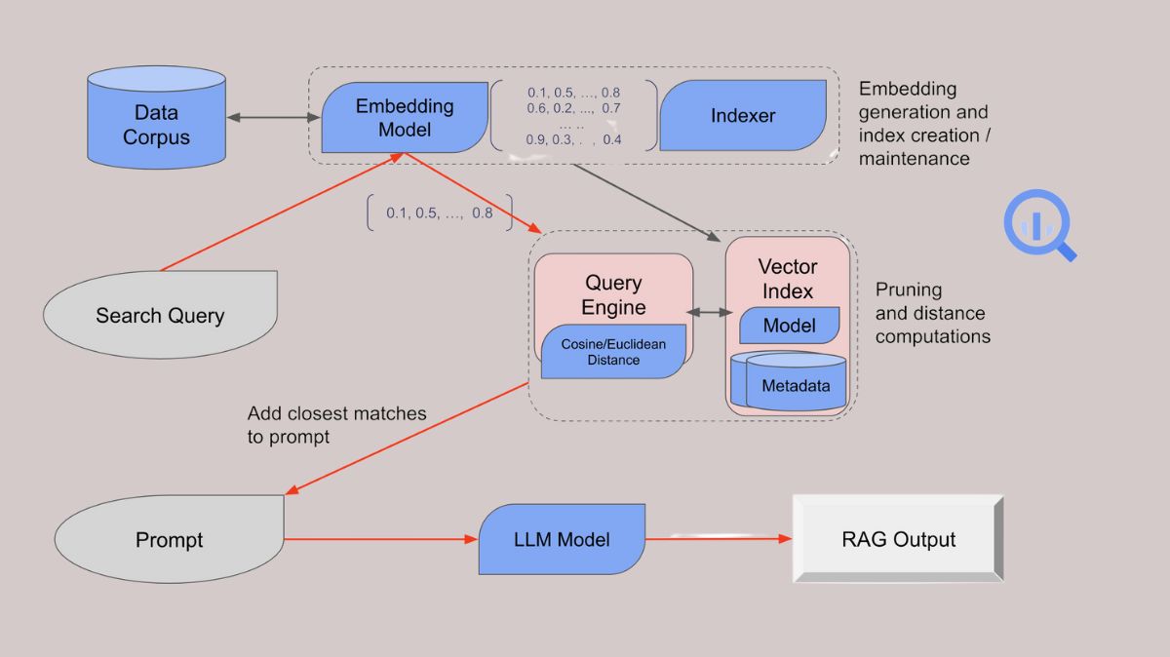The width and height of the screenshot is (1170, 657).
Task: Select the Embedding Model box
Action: pyautogui.click(x=404, y=118)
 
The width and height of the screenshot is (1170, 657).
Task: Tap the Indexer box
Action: pyautogui.click(x=743, y=116)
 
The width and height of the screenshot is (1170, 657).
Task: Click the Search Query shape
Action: pyautogui.click(x=160, y=314)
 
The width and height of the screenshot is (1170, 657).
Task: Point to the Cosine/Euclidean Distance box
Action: pyautogui.click(x=613, y=352)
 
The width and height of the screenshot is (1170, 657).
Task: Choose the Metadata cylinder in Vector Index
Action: pyautogui.click(x=796, y=385)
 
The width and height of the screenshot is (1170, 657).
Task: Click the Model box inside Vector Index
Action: pyautogui.click(x=790, y=326)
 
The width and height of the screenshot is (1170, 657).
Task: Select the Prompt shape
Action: pyautogui.click(x=170, y=539)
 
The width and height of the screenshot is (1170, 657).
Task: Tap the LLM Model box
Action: pyautogui.click(x=562, y=539)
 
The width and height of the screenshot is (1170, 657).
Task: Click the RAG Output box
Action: pyautogui.click(x=898, y=539)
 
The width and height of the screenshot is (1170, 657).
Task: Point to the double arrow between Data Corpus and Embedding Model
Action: pyautogui.click(x=274, y=117)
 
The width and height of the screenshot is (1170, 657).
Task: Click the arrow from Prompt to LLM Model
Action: pyautogui.click(x=380, y=538)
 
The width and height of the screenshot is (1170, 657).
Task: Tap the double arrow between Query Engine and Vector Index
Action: pyautogui.click(x=712, y=312)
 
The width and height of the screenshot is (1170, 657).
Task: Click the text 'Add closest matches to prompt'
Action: pyautogui.click(x=336, y=425)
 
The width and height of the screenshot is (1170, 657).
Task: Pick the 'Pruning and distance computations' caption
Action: pyautogui.click(x=931, y=313)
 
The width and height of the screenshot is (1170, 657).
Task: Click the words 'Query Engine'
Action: pyautogui.click(x=613, y=295)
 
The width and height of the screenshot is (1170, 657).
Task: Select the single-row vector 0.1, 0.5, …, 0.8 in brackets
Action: pyautogui.click(x=439, y=213)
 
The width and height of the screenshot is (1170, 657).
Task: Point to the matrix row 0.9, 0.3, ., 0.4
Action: pyautogui.click(x=573, y=139)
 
